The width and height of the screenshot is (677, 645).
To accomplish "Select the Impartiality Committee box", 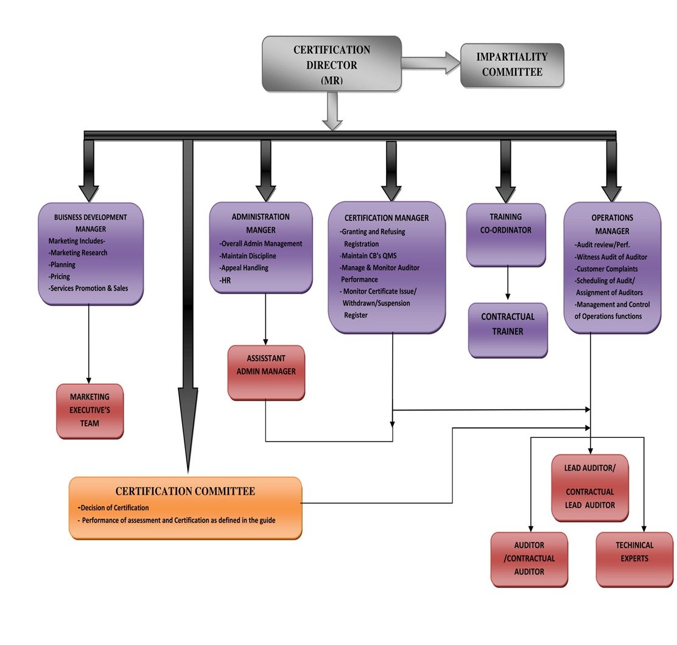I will [511, 65].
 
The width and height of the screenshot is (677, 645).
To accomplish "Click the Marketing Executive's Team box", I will [89, 411].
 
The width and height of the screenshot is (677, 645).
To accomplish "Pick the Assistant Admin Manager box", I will [266, 372].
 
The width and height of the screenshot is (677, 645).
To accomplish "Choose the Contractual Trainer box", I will [507, 330].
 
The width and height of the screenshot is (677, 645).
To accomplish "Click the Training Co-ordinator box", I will [505, 234].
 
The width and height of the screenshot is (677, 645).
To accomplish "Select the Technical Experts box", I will [634, 559].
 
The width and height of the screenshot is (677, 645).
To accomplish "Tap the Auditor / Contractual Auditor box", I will [528, 559].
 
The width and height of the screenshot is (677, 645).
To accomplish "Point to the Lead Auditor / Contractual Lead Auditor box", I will [589, 487].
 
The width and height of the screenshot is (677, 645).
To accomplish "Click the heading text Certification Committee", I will [185, 492].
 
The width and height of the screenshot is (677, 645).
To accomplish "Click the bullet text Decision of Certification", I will [115, 507].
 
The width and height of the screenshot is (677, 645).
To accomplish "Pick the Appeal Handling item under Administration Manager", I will [245, 267].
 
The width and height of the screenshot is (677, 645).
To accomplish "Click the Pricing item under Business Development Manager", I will [61, 277].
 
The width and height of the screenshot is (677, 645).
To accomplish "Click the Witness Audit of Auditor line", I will [611, 256].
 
